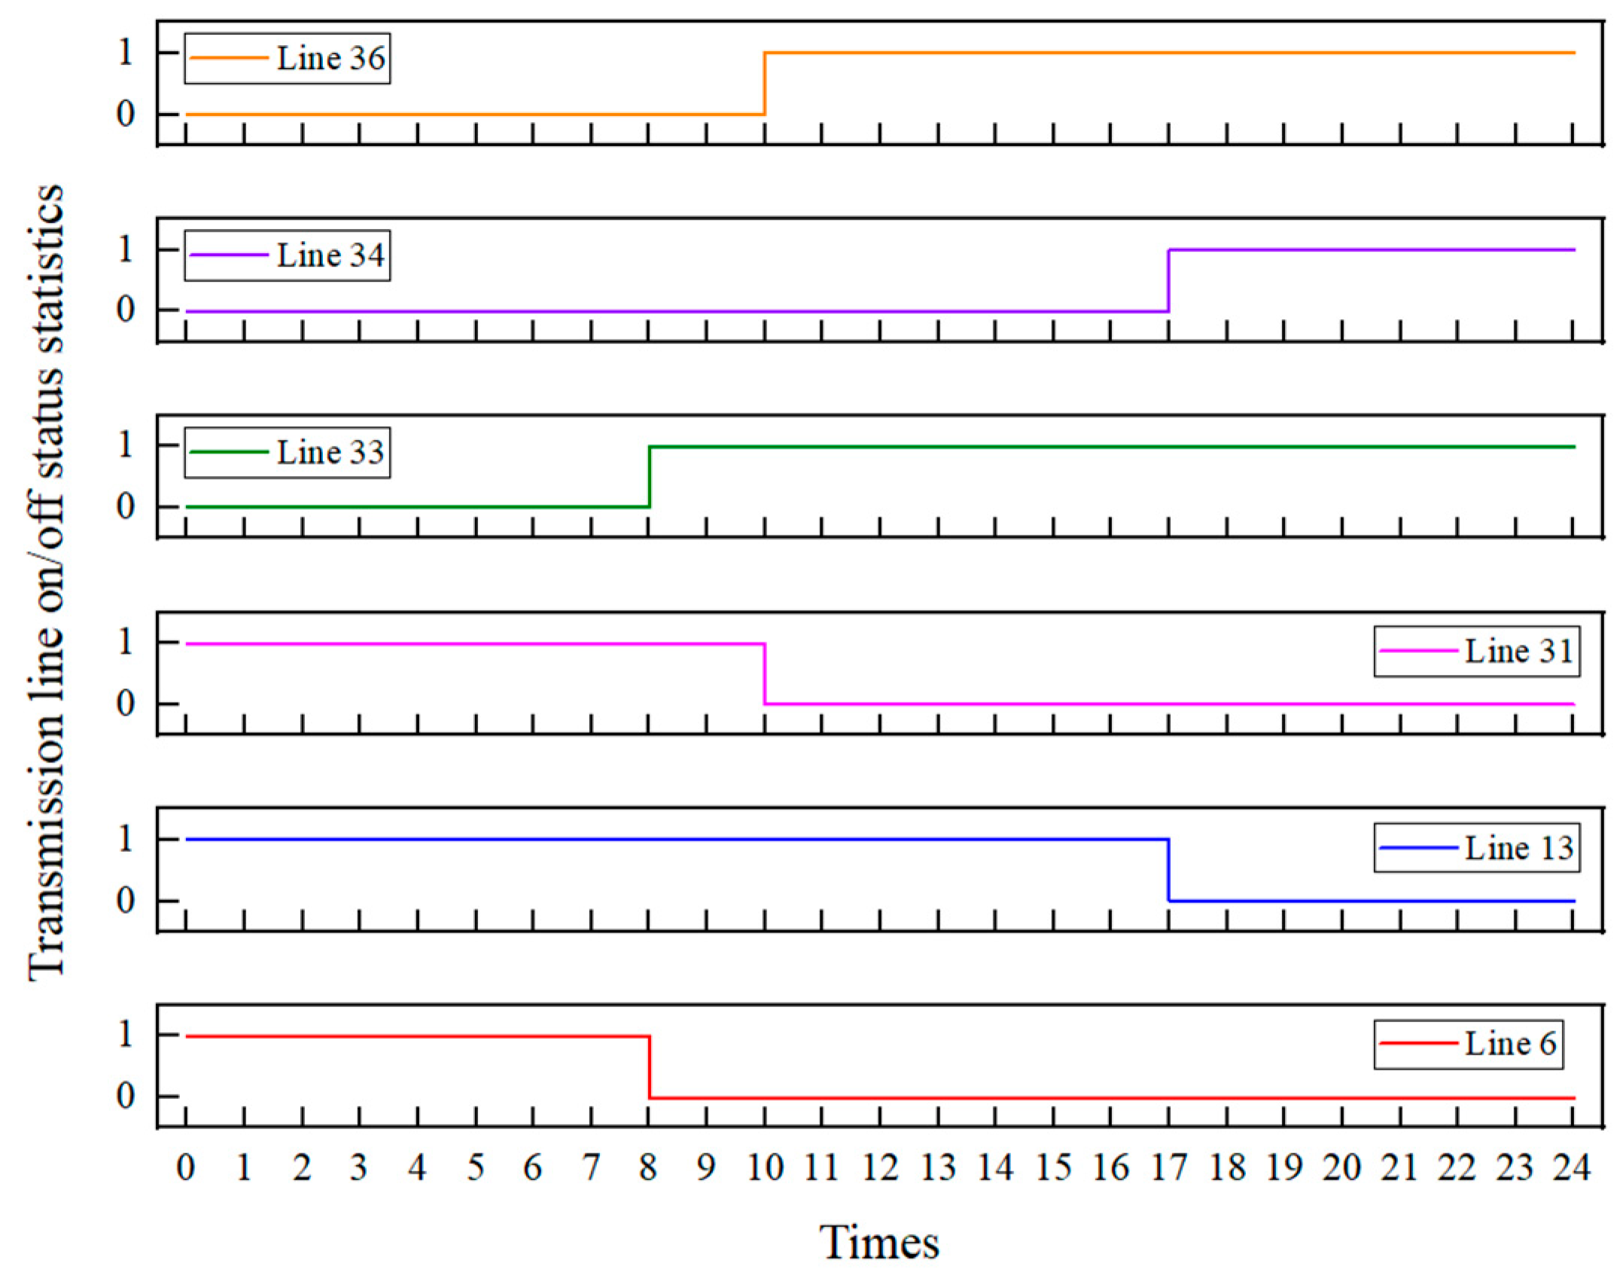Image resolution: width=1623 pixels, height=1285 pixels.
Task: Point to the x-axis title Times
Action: (879, 1242)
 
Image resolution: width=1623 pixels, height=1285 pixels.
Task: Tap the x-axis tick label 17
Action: (1168, 1168)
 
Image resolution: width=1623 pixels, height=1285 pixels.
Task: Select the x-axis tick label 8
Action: (648, 1168)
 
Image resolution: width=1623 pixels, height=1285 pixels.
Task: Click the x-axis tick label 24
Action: (1572, 1168)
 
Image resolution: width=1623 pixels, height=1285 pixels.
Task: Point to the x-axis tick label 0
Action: (186, 1168)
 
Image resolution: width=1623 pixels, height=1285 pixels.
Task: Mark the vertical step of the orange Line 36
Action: (765, 84)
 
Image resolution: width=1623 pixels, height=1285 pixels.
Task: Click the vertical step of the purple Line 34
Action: (1168, 280)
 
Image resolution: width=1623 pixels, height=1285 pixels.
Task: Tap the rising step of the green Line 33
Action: (649, 477)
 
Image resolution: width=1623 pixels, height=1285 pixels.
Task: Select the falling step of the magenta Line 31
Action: (765, 674)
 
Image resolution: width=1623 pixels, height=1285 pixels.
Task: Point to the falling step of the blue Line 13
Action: (1168, 870)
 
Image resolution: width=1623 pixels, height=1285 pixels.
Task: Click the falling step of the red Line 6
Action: (649, 1067)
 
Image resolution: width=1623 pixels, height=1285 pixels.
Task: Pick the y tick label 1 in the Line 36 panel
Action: (126, 53)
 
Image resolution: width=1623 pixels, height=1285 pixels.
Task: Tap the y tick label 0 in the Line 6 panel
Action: (126, 1096)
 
